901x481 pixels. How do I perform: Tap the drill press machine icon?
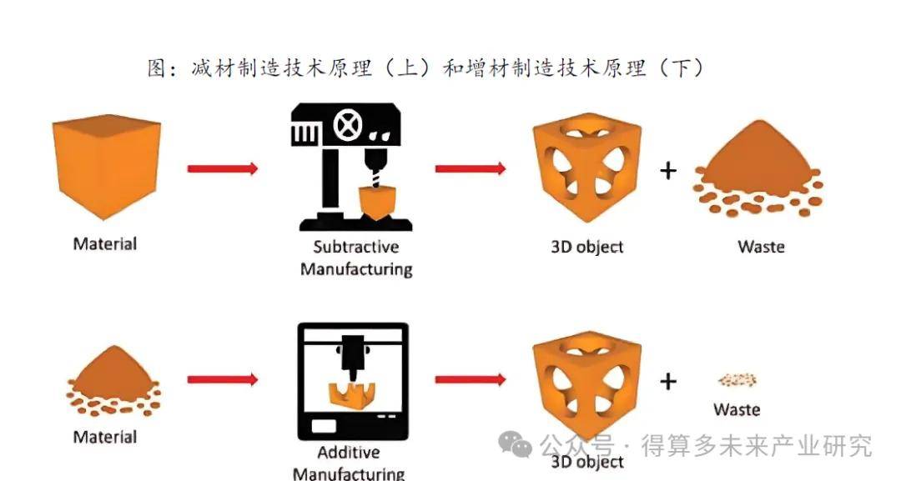355,167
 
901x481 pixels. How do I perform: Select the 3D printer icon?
354,381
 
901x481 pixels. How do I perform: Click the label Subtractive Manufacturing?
356,258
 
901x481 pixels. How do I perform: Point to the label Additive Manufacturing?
349,463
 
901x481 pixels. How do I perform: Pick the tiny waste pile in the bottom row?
737,380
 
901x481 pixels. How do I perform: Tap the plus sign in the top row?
667,171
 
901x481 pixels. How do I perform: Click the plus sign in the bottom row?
667,381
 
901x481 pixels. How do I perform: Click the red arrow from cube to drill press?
223,168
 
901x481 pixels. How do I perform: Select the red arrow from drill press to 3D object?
471,168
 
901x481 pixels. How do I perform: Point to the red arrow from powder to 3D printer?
223,380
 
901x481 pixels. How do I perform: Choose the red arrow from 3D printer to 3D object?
471,380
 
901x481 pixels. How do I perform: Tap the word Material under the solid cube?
105,244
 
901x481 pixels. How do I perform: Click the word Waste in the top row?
761,247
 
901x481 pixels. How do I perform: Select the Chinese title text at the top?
425,68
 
